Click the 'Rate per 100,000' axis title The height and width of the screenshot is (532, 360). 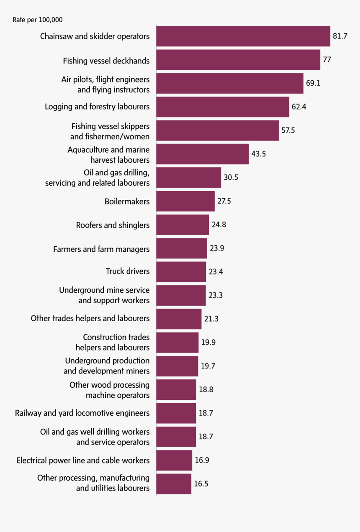(x=38, y=20)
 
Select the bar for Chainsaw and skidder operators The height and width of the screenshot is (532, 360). (x=243, y=36)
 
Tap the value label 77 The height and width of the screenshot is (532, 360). (x=327, y=60)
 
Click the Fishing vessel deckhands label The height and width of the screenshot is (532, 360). (x=106, y=61)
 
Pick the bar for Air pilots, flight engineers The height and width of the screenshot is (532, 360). (x=230, y=83)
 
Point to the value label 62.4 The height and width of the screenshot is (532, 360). (x=299, y=107)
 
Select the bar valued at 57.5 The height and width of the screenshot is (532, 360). (x=217, y=130)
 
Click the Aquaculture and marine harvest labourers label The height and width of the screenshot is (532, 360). (x=108, y=155)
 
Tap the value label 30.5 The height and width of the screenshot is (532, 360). (x=231, y=177)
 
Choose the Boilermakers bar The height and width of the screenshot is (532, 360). (x=185, y=201)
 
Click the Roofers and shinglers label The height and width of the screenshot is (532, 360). (x=113, y=225)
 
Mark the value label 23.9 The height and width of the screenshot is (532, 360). (x=217, y=248)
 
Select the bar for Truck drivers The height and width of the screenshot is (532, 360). (x=181, y=272)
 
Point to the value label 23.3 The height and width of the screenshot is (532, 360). (x=216, y=295)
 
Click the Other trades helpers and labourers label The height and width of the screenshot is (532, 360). (x=90, y=318)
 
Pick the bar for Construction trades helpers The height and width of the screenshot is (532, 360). (x=177, y=343)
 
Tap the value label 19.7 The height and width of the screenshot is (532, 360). (x=208, y=366)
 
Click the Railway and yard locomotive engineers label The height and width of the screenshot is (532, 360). (x=82, y=413)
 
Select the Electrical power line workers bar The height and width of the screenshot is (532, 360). (x=174, y=460)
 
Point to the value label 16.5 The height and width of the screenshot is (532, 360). (x=201, y=484)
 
